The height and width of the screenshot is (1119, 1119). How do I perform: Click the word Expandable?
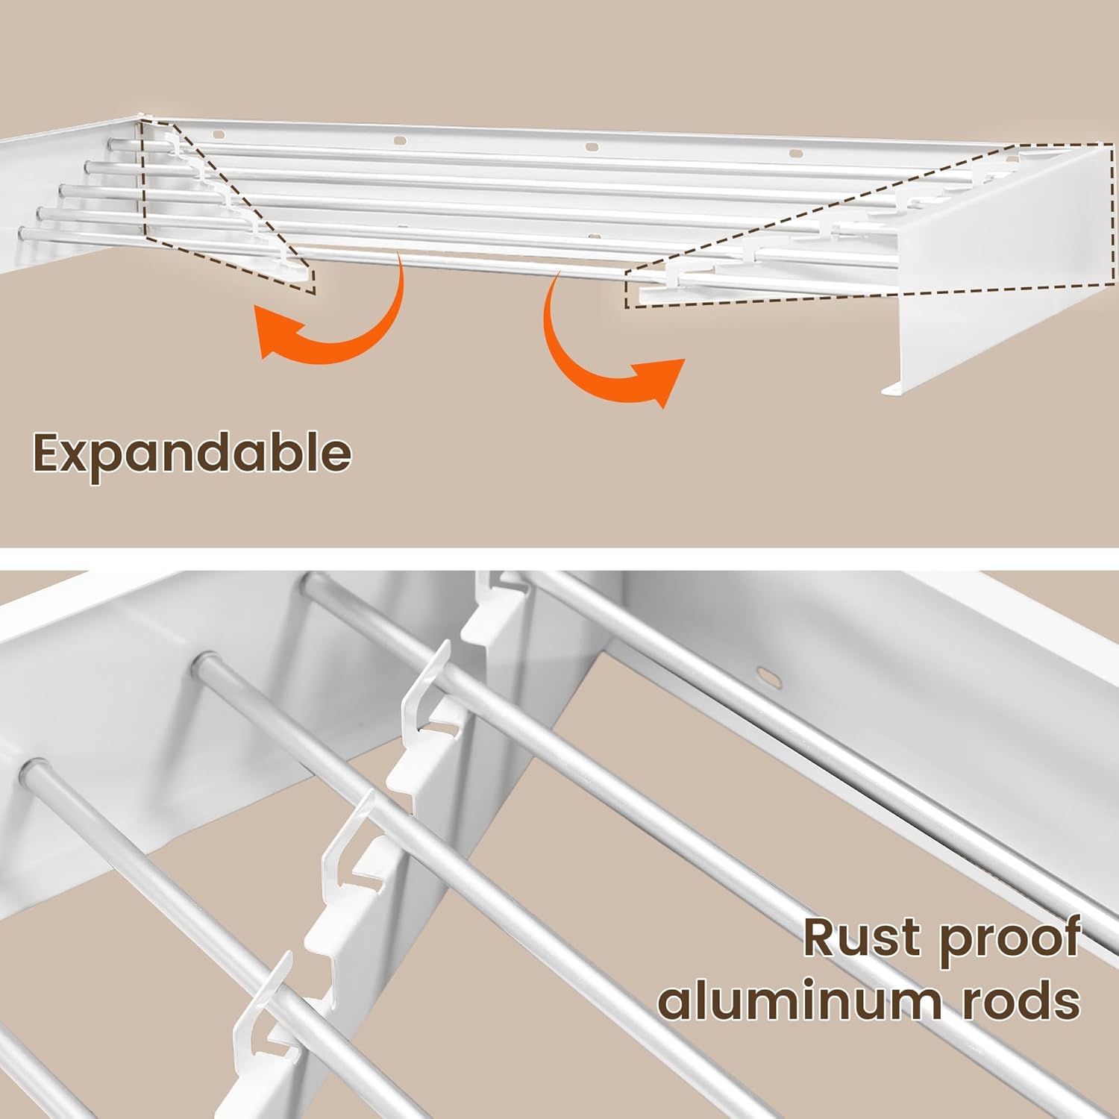192,453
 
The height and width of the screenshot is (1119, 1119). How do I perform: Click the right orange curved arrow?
604,351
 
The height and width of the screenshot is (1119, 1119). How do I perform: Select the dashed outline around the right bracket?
858,224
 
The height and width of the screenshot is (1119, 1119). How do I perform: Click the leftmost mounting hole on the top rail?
218,135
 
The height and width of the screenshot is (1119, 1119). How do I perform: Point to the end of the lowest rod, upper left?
25,233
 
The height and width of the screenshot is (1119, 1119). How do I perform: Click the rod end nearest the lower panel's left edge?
34,768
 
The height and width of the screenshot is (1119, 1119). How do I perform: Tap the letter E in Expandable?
48,453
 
